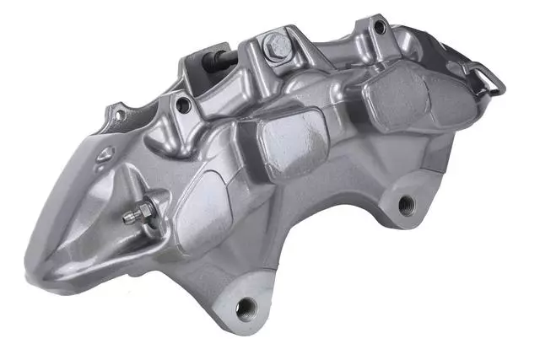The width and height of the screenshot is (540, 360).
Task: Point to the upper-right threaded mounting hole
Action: pos(407,202)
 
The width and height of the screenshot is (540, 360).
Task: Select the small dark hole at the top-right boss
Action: pos(380,28)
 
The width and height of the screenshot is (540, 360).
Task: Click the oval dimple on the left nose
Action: pos(105,154)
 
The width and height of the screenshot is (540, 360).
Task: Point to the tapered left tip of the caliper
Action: pos(38,253)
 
